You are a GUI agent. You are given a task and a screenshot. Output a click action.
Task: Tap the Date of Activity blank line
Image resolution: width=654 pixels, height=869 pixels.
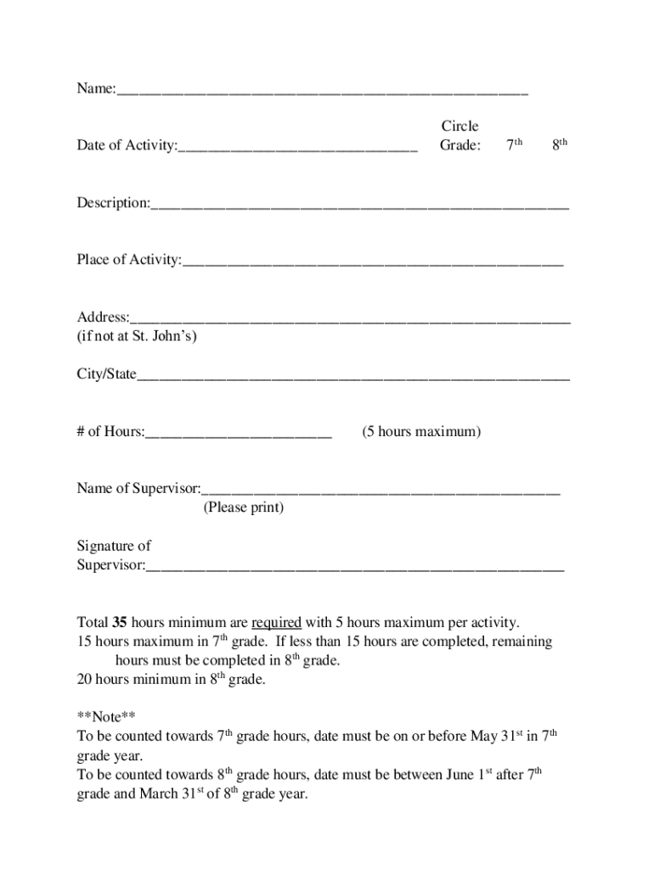297,148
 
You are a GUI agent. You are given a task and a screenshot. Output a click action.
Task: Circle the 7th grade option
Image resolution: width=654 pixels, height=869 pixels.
514,145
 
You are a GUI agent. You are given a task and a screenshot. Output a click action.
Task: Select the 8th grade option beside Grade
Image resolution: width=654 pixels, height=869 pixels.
559,145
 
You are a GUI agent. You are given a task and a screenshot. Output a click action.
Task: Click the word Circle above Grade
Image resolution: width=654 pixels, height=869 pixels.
459,126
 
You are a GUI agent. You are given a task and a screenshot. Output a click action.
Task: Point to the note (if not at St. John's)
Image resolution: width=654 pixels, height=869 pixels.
137,336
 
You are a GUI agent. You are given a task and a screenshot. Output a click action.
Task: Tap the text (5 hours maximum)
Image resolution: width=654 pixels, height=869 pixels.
421,432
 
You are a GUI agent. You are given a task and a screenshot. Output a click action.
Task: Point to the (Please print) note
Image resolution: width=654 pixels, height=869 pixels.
243,507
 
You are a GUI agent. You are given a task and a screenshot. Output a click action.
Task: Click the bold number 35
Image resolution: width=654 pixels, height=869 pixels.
120,622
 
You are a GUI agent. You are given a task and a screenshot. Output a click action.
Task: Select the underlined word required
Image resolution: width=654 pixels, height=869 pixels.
277,622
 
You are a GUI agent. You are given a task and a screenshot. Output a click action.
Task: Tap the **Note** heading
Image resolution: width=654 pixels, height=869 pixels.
106,716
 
